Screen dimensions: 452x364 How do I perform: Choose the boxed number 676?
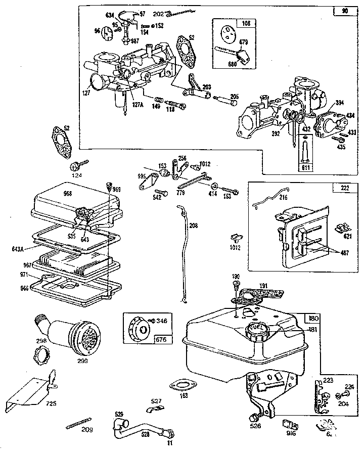point(132,339)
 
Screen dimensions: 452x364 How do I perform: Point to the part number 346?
point(162,321)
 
